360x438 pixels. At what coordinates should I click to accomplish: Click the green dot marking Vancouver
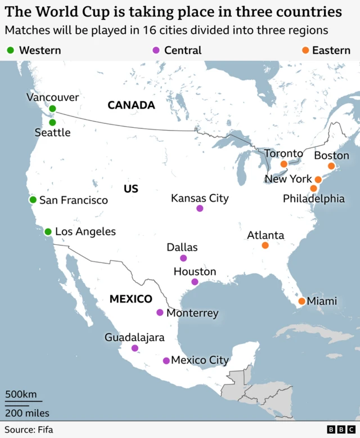[52, 109]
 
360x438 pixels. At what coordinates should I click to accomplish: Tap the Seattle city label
[52, 133]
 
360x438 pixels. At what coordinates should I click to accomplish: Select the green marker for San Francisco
[33, 200]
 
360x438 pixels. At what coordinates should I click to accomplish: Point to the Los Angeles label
[85, 231]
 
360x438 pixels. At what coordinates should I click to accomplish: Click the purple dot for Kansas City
[200, 208]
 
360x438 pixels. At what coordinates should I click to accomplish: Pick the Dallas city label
[182, 247]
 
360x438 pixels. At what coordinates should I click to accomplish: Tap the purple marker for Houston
[195, 281]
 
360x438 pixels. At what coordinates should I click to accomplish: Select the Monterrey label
[192, 313]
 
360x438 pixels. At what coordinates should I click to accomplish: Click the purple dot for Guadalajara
[135, 348]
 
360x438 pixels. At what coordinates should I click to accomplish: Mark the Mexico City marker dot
[166, 360]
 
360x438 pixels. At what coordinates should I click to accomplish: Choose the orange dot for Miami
[301, 301]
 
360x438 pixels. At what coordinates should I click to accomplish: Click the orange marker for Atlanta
[265, 245]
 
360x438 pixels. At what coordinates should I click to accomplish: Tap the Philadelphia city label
[314, 199]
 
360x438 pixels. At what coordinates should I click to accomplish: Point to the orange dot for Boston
[331, 166]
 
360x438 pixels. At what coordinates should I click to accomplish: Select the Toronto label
[283, 153]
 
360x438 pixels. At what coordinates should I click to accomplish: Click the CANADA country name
[131, 105]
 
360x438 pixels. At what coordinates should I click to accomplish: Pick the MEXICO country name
[130, 299]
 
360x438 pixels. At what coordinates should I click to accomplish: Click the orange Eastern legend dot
[305, 51]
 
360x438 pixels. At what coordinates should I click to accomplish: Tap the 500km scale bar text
[20, 394]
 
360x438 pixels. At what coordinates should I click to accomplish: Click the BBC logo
[339, 430]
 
